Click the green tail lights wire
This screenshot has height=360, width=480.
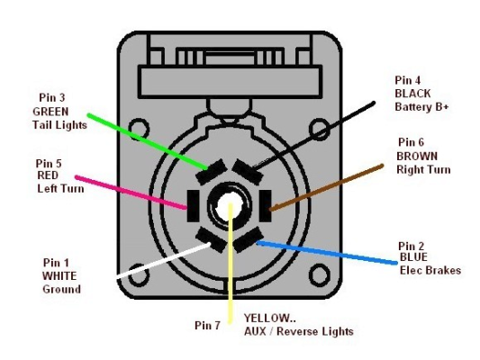tap(147, 141)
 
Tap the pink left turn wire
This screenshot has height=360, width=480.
tap(131, 193)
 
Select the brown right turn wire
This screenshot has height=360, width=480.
tap(326, 187)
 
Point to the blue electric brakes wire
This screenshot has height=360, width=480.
tap(327, 252)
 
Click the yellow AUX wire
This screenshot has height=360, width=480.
tap(231, 263)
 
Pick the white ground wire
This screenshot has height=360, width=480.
tap(164, 260)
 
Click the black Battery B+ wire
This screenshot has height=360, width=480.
tap(313, 135)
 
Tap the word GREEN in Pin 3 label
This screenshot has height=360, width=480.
tap(50, 112)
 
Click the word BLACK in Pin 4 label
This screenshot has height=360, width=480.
tap(412, 94)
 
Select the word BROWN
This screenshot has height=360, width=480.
tap(417, 157)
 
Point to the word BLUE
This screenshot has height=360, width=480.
tap(413, 257)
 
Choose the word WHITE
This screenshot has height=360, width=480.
tap(59, 276)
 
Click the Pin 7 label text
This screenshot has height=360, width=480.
tap(207, 326)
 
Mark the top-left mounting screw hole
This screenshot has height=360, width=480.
tap(139, 129)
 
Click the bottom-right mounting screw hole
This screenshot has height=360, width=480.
tap(320, 275)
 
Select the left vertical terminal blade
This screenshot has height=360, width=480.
tap(193, 205)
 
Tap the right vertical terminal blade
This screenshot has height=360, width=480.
tap(265, 205)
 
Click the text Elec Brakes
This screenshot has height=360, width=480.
tap(430, 270)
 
